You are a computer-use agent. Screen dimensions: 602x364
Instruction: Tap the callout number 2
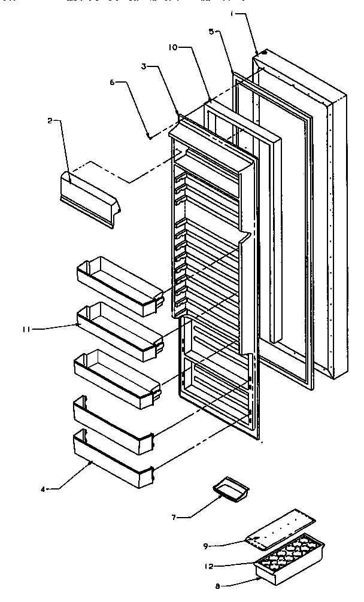[50, 120]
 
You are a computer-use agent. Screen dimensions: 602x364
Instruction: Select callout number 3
[144, 67]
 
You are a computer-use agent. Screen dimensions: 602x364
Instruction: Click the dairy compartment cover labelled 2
[90, 197]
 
